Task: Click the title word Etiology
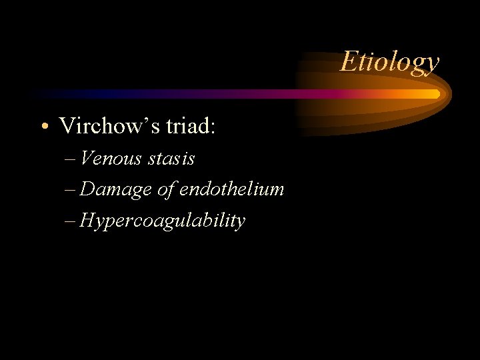tap(389, 62)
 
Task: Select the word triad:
tap(193, 125)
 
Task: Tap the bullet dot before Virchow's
tap(43, 126)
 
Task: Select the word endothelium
tap(231, 189)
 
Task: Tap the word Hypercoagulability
tap(162, 221)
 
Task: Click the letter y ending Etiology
tap(433, 65)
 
